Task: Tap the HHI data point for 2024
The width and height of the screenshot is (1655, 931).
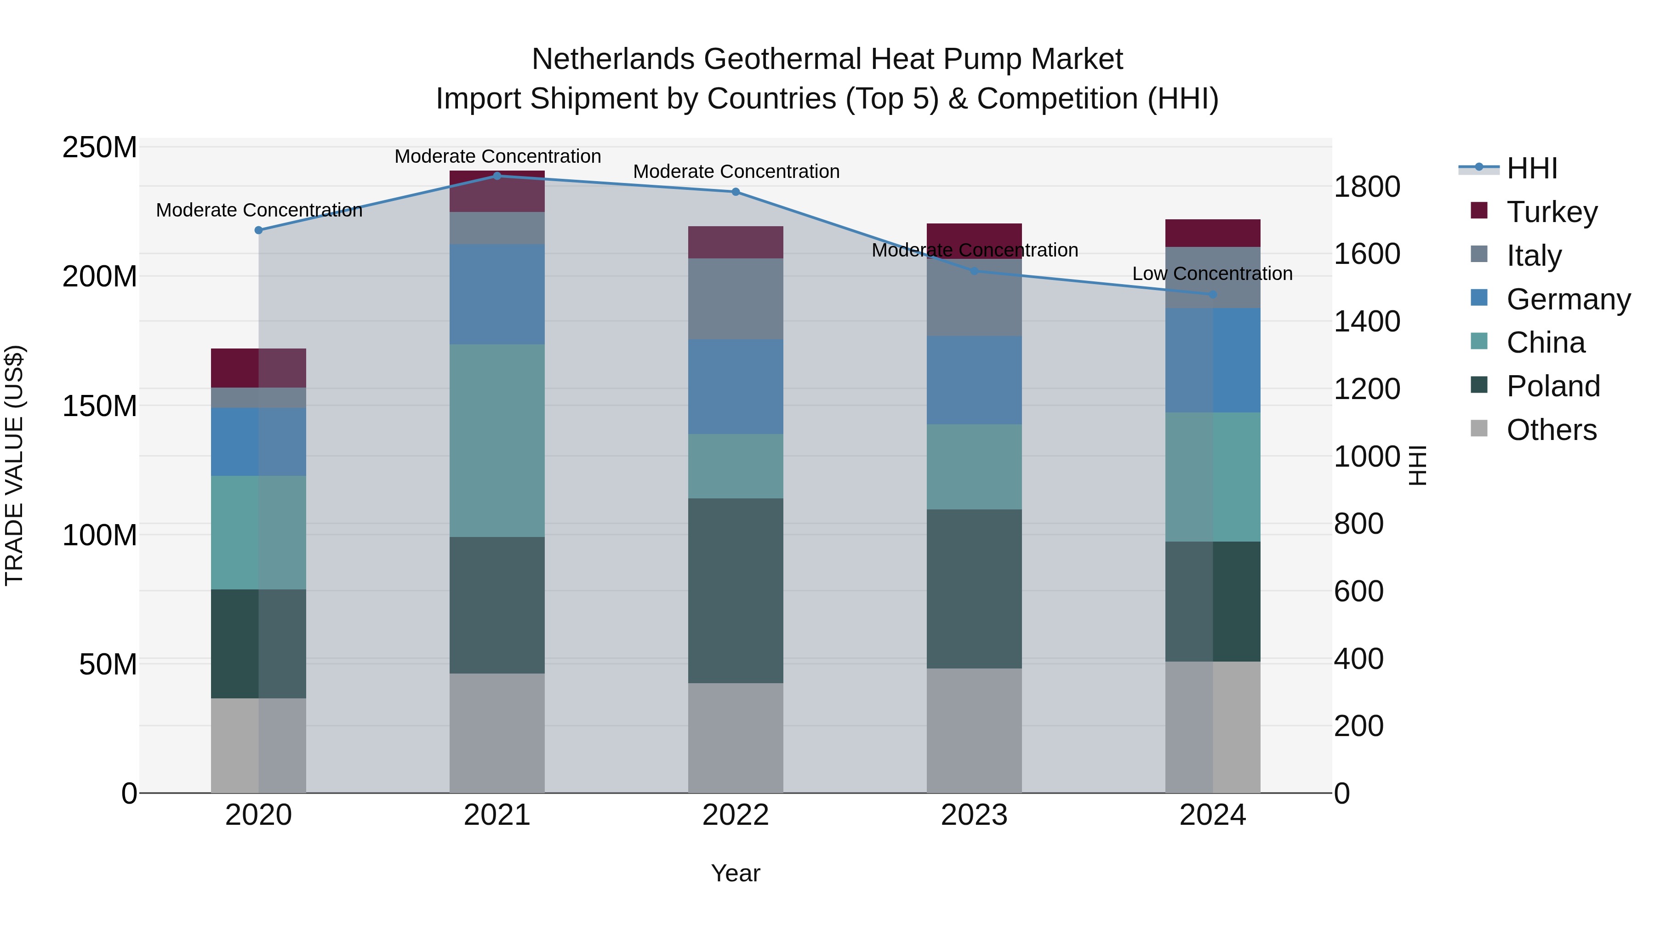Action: click(x=1212, y=294)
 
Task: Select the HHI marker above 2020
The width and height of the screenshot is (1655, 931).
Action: click(x=258, y=230)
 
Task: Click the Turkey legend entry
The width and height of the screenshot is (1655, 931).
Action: click(x=1552, y=212)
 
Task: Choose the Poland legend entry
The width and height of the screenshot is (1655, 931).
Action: click(x=1553, y=386)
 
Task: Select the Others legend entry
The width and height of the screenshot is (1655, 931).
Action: click(x=1551, y=430)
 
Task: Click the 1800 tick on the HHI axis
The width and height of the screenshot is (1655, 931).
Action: click(x=1367, y=187)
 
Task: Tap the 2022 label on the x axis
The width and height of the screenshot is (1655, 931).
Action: click(x=735, y=815)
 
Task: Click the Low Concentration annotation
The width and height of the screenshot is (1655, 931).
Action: click(x=1212, y=274)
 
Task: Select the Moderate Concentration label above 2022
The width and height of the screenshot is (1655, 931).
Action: click(x=736, y=171)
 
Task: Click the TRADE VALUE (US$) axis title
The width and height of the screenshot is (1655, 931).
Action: click(x=14, y=465)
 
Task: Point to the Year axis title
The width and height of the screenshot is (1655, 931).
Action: click(x=735, y=873)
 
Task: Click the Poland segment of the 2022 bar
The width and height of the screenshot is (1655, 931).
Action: click(x=735, y=590)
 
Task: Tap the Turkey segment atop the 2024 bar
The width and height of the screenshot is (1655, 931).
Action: click(x=1212, y=233)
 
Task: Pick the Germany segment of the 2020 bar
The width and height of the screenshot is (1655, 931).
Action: click(x=258, y=441)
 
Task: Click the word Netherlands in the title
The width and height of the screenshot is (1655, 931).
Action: click(x=612, y=59)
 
